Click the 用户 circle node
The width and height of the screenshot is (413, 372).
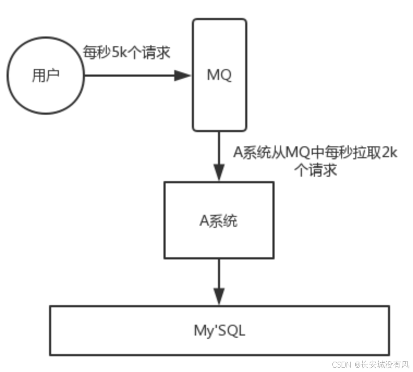pos(45,76)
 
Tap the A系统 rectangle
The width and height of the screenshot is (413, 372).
pos(218,220)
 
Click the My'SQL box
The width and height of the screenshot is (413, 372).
pos(219,331)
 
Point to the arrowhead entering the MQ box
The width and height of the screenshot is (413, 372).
pos(183,76)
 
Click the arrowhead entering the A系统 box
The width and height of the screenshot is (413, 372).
pos(219,173)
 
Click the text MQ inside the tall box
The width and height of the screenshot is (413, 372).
pos(219,75)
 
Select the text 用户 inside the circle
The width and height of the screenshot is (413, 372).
pos(45,76)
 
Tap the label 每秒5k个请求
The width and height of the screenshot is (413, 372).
pos(126,53)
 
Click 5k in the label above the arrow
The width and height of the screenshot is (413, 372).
pos(119,53)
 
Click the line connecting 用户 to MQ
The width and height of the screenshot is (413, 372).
pos(131,76)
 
